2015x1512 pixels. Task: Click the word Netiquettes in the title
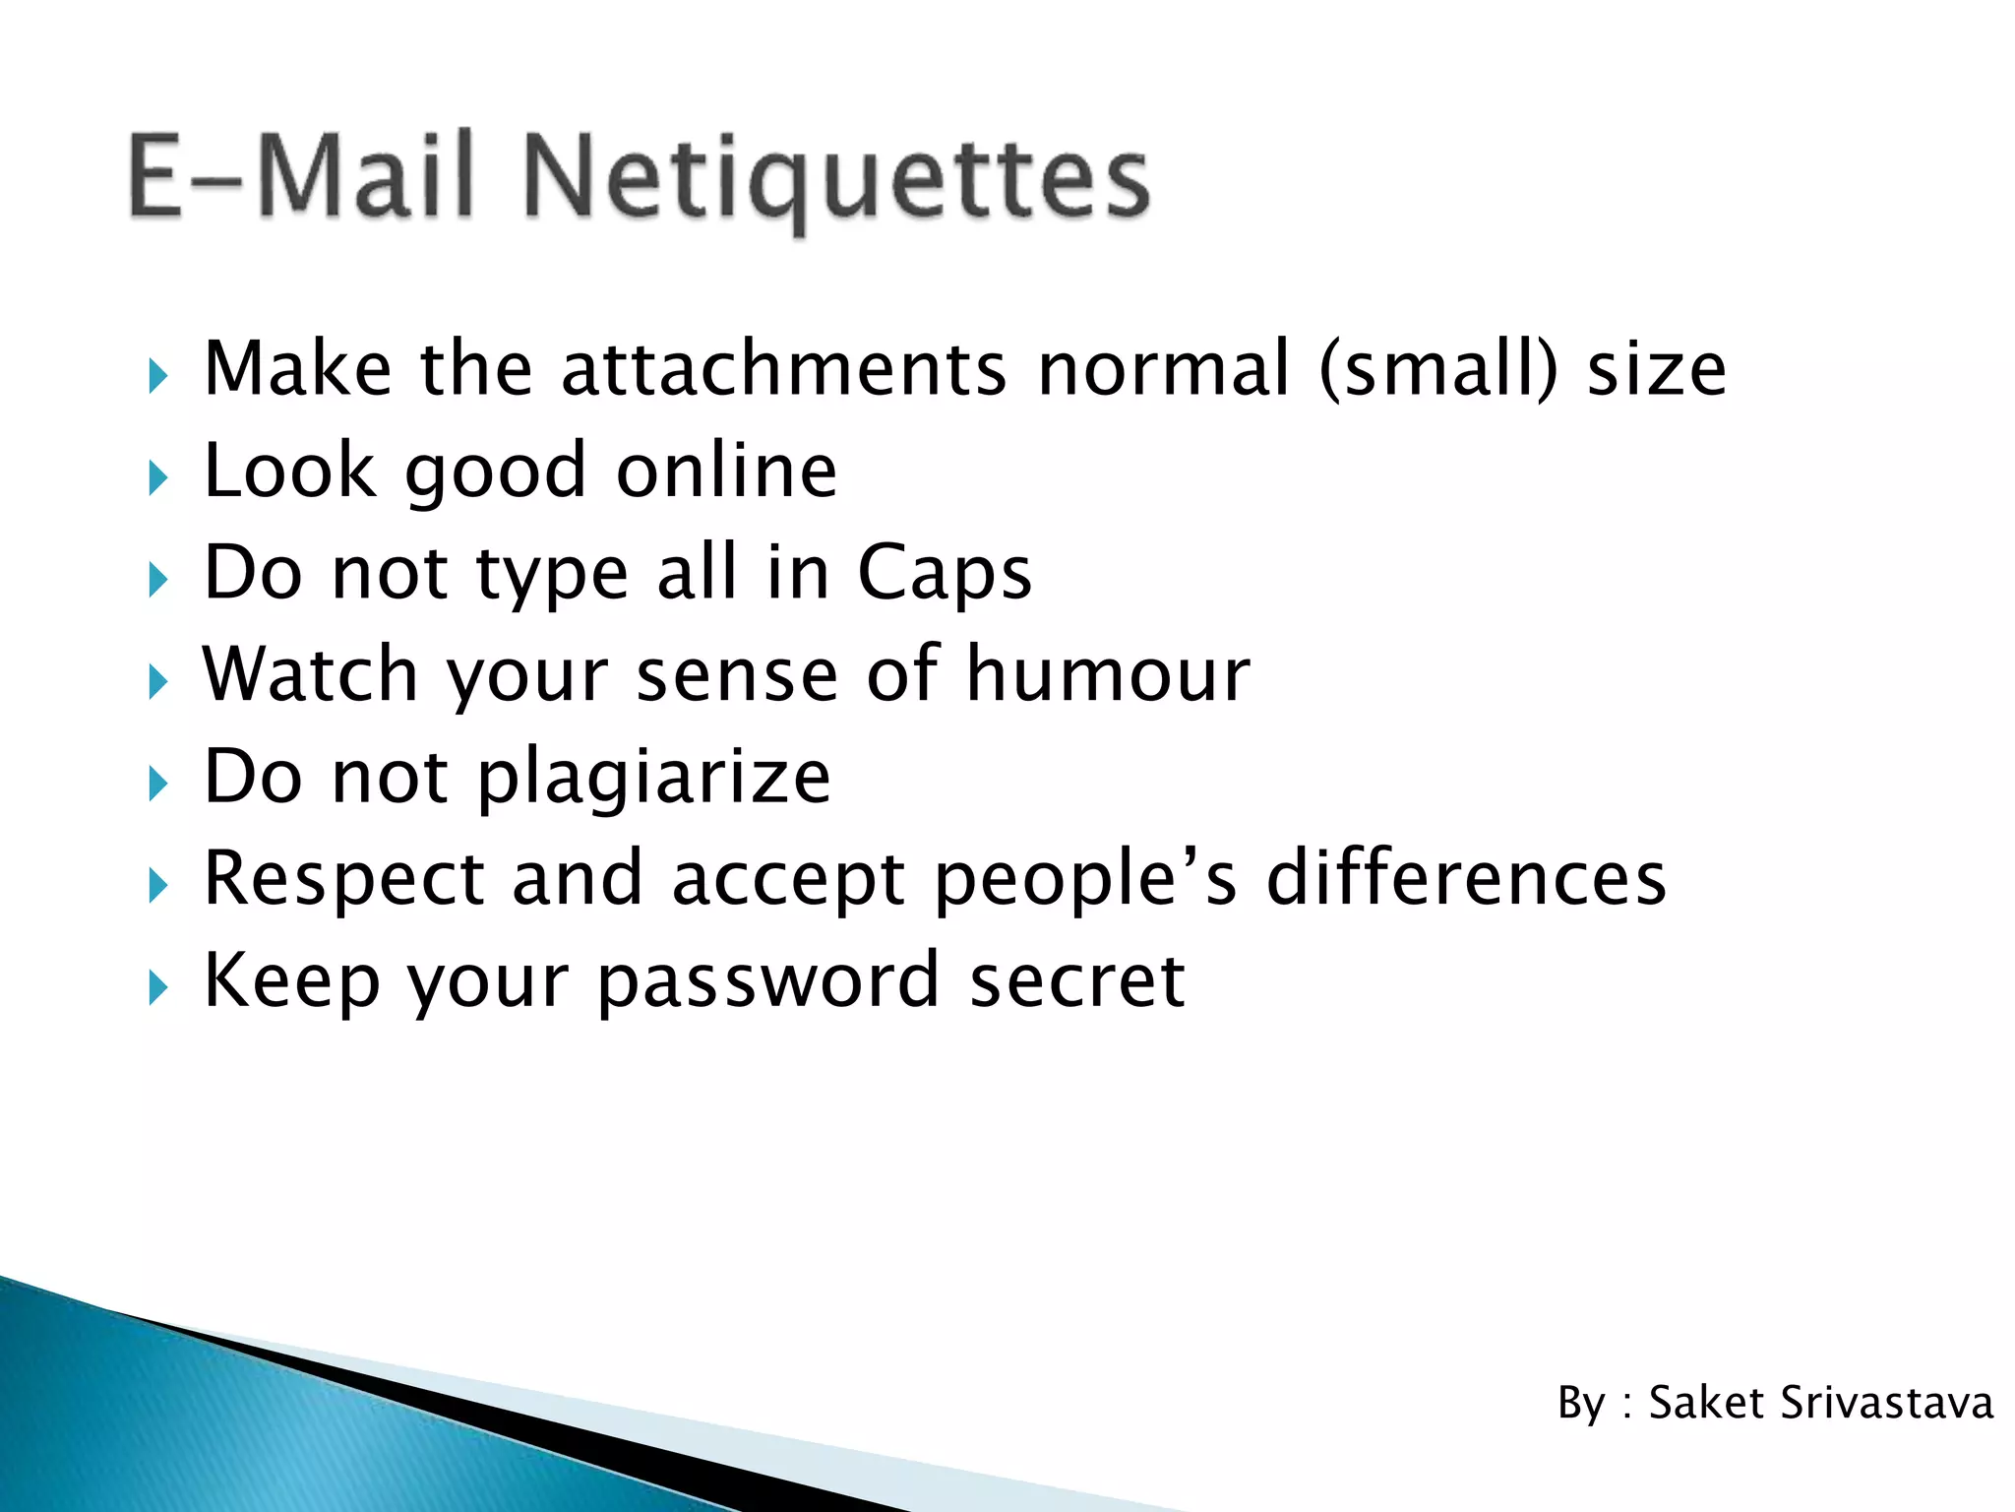pyautogui.click(x=836, y=177)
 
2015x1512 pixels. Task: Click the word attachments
pyautogui.click(x=784, y=369)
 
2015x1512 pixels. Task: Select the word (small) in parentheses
pyautogui.click(x=1438, y=369)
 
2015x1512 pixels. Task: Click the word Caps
pyautogui.click(x=945, y=573)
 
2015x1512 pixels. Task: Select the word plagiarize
pyautogui.click(x=654, y=778)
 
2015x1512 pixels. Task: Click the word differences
pyautogui.click(x=1466, y=878)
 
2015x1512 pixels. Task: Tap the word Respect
pyautogui.click(x=344, y=878)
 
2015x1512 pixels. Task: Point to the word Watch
pyautogui.click(x=311, y=674)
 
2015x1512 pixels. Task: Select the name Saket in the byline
pyautogui.click(x=1705, y=1403)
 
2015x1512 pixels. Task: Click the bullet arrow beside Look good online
pyautogui.click(x=157, y=479)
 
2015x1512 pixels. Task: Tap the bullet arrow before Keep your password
pyautogui.click(x=157, y=987)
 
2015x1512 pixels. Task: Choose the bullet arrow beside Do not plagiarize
pyautogui.click(x=157, y=785)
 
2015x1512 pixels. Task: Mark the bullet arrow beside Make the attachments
pyautogui.click(x=157, y=377)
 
